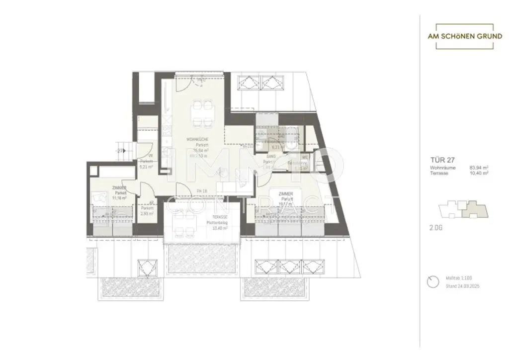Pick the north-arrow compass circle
432,282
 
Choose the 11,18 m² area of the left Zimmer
118,198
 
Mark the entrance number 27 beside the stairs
120,150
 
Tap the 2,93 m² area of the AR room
147,213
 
